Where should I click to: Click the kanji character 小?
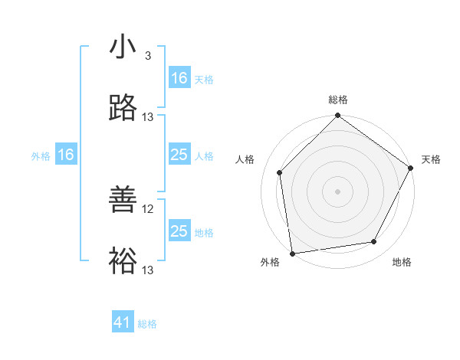point(123,47)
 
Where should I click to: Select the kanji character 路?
point(123,108)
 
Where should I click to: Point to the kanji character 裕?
point(123,261)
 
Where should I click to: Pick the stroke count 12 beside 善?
point(148,208)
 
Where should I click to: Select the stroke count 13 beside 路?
point(148,116)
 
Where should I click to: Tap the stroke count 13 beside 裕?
point(148,270)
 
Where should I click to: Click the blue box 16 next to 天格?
point(179,77)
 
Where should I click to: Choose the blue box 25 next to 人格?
point(179,155)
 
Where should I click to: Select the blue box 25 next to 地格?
point(179,231)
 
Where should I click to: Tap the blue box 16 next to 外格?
point(66,155)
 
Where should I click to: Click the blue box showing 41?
point(123,322)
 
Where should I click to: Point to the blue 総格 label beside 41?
point(147,324)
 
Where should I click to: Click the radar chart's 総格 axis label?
point(338,100)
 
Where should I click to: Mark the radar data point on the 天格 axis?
point(411,169)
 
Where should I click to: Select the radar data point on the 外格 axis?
point(292,253)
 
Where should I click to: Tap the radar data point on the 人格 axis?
point(280,172)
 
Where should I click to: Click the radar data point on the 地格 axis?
point(374,241)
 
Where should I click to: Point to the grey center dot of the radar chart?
point(338,191)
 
